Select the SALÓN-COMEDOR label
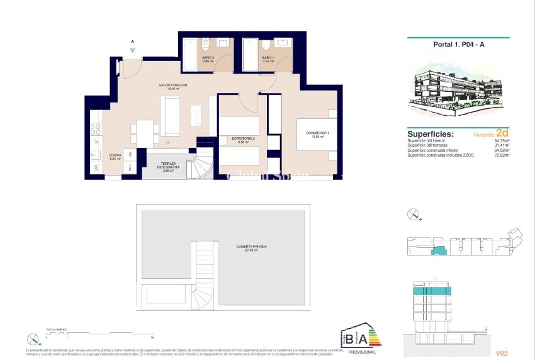(x=173, y=87)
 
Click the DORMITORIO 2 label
(x=243, y=140)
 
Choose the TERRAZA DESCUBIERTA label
(x=167, y=166)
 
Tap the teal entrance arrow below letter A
(x=132, y=50)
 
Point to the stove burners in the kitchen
(x=97, y=130)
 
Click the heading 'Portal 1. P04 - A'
(x=456, y=45)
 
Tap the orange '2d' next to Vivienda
(x=502, y=133)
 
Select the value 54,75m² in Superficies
(x=501, y=141)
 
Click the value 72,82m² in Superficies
(x=501, y=154)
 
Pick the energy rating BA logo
(x=356, y=336)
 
